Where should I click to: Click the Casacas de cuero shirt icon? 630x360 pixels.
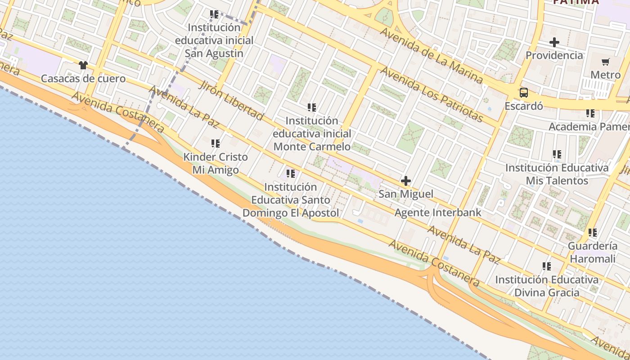tap(83, 65)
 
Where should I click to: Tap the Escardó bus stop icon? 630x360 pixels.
tap(523, 93)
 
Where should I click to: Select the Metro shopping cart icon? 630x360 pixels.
tap(605, 62)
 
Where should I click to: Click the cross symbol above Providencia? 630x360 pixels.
tap(554, 42)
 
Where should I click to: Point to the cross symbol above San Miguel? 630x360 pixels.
tap(405, 181)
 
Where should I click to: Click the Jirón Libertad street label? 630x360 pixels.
tap(231, 101)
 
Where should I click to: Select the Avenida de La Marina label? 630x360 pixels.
tap(431, 56)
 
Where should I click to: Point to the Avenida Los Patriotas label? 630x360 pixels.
tap(431, 94)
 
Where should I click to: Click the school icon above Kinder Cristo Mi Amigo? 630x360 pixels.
tap(216, 144)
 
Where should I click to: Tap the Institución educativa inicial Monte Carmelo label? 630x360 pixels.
tap(312, 134)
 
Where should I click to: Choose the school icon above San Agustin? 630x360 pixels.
tap(214, 14)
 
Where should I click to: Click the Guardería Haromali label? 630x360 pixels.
tap(593, 252)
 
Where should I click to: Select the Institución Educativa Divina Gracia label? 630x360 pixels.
tap(547, 286)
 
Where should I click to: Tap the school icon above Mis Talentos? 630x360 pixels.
tap(557, 154)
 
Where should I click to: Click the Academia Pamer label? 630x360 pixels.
tap(589, 126)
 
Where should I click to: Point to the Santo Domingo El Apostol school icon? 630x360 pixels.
tap(291, 173)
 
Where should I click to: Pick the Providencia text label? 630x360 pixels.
tap(554, 55)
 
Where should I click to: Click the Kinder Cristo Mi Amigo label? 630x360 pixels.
tap(216, 164)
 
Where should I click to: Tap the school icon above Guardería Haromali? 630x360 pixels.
tap(593, 233)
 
